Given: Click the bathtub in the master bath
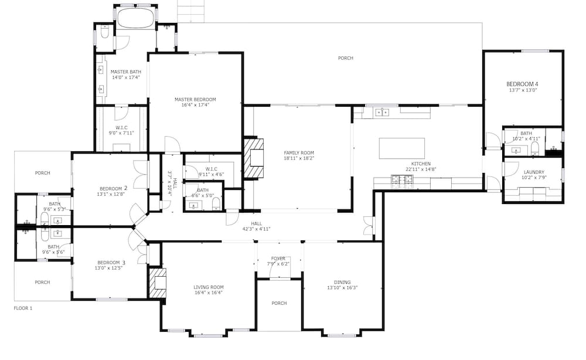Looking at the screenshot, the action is click(135, 18).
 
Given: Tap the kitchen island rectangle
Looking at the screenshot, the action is click(402, 148).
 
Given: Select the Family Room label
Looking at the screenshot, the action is click(299, 152).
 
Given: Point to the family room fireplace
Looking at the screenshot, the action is click(253, 158).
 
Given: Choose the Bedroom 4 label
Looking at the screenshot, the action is click(522, 84).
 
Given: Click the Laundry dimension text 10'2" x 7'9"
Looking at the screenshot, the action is click(534, 178).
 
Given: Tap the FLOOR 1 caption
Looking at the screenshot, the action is click(23, 308).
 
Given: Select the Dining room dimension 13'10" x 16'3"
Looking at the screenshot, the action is click(342, 287).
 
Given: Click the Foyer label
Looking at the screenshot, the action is click(278, 259).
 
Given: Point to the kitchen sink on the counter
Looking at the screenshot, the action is click(382, 112).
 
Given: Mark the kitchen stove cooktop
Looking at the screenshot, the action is click(402, 181).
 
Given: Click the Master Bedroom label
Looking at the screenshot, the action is click(195, 100).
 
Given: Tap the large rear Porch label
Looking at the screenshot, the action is click(345, 58).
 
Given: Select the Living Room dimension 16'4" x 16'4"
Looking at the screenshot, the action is click(209, 293).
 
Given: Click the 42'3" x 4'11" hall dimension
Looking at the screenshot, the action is click(257, 229).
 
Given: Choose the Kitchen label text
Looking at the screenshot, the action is click(421, 164).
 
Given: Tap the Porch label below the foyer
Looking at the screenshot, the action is click(279, 303).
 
